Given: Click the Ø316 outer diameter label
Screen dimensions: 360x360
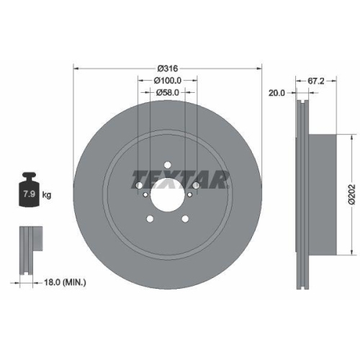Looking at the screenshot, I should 168,68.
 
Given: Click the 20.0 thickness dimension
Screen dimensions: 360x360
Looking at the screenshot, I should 276,92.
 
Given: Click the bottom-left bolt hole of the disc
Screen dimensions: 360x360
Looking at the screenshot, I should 148,220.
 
